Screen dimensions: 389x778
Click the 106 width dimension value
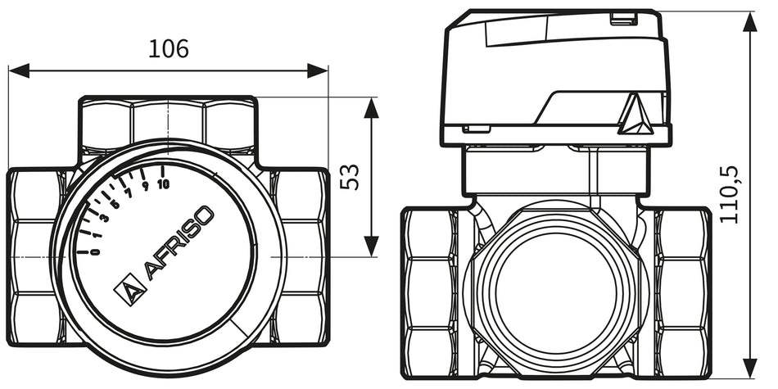coord(168,49)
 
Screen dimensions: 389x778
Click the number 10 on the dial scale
coord(163,183)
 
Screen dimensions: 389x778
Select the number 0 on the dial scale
coord(95,251)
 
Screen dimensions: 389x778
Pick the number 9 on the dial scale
coord(145,187)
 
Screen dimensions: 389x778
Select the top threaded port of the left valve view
coord(168,123)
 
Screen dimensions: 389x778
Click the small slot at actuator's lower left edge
coord(476,129)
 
